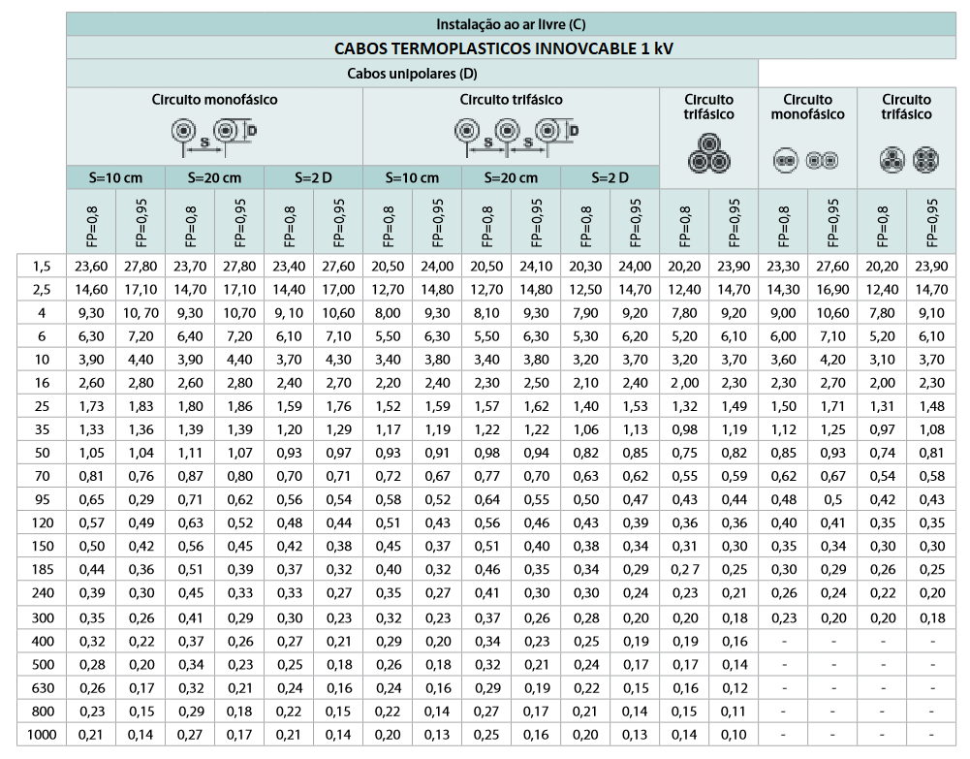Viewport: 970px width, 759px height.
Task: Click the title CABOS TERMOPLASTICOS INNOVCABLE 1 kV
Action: coord(508,48)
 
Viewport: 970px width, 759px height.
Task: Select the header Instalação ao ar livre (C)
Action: coord(508,23)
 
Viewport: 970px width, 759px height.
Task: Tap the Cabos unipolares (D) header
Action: coord(412,73)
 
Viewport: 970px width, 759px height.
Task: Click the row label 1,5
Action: coord(41,266)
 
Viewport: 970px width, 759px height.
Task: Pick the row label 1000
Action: coord(41,735)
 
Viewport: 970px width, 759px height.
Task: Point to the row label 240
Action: coord(41,593)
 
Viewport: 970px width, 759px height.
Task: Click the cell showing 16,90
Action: coord(832,289)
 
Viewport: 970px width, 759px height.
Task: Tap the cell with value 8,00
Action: coord(388,313)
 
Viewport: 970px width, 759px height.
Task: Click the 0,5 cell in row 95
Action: coord(832,500)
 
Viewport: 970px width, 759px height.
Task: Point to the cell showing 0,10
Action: coord(734,735)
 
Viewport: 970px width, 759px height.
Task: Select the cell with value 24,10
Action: coord(536,266)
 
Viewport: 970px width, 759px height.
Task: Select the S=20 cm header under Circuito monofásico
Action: coord(214,177)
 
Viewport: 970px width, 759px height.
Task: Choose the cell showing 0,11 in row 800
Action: coord(734,712)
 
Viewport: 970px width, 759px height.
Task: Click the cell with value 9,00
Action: coord(783,313)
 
